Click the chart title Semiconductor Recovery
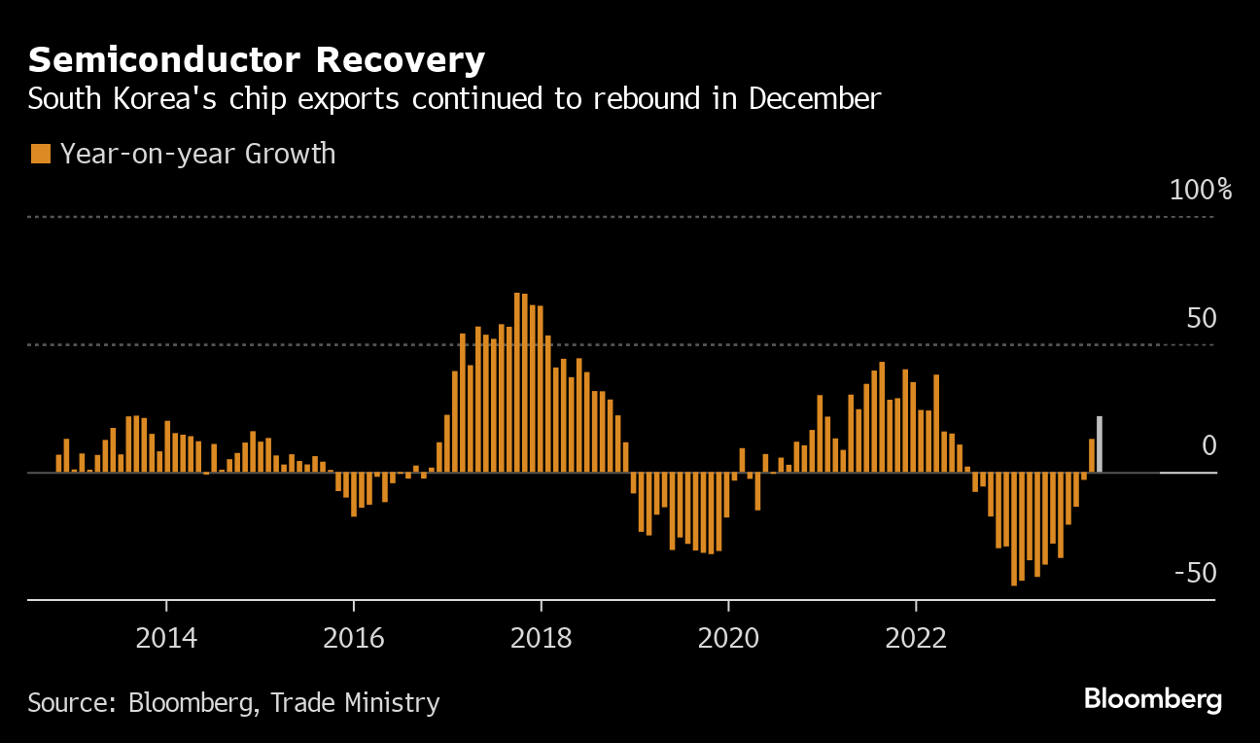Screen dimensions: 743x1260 point(257,60)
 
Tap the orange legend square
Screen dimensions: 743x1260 point(40,154)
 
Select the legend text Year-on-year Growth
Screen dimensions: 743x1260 point(198,154)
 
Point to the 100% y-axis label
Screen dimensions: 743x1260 point(1200,190)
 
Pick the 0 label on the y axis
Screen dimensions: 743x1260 point(1208,445)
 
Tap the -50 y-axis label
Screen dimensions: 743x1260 point(1195,573)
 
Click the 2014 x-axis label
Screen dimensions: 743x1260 point(166,638)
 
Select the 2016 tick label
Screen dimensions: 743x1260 point(354,638)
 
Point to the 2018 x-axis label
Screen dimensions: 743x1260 point(542,638)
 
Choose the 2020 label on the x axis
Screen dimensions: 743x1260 point(728,638)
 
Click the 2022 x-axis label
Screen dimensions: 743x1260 point(916,638)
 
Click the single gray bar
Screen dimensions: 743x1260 point(1100,444)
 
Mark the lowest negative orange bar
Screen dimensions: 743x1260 point(1014,528)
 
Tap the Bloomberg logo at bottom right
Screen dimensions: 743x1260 point(1152,698)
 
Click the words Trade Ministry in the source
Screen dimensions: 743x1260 point(355,702)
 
